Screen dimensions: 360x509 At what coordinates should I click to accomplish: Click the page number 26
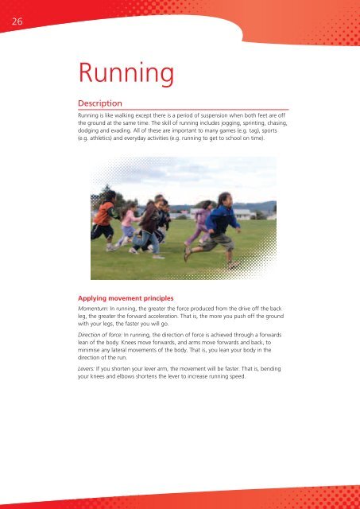[16, 23]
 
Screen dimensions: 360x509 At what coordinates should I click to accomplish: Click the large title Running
[126, 75]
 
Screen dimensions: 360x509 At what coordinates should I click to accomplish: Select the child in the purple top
[199, 223]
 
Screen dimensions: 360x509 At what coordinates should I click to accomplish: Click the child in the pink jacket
[126, 225]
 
